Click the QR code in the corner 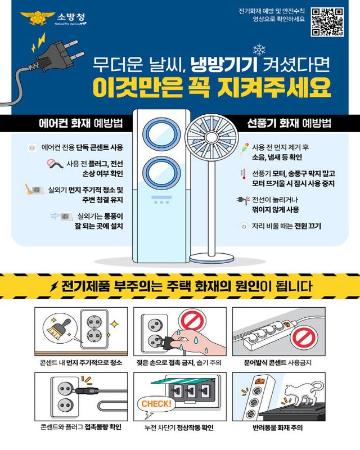point(328,22)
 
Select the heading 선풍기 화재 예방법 point(281,123)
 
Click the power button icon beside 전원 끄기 point(244,226)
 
